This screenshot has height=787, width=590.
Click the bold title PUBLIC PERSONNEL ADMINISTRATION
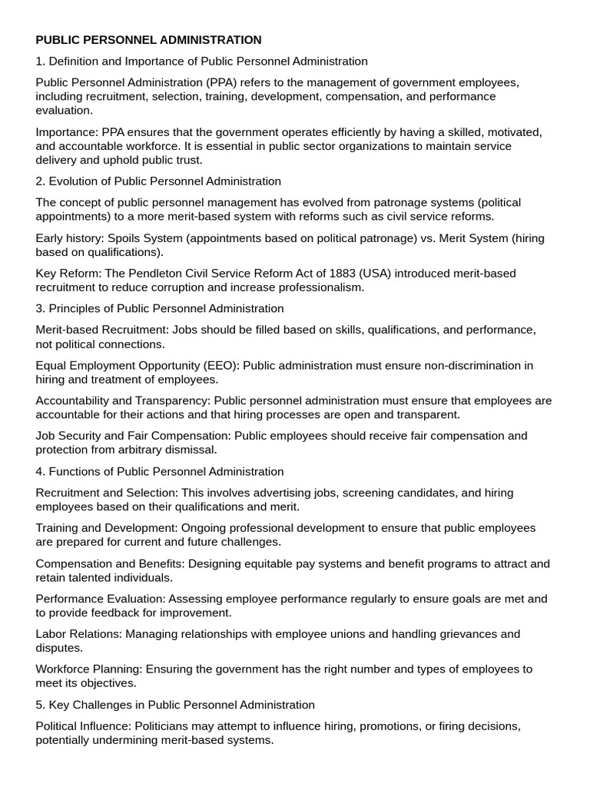[x=148, y=39]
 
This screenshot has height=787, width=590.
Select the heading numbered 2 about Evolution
[x=158, y=181]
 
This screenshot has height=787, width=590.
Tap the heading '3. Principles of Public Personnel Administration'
[x=160, y=308]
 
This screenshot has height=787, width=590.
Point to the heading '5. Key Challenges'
[x=175, y=705]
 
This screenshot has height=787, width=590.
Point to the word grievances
[x=450, y=634]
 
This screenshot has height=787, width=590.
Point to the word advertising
[x=270, y=493]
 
